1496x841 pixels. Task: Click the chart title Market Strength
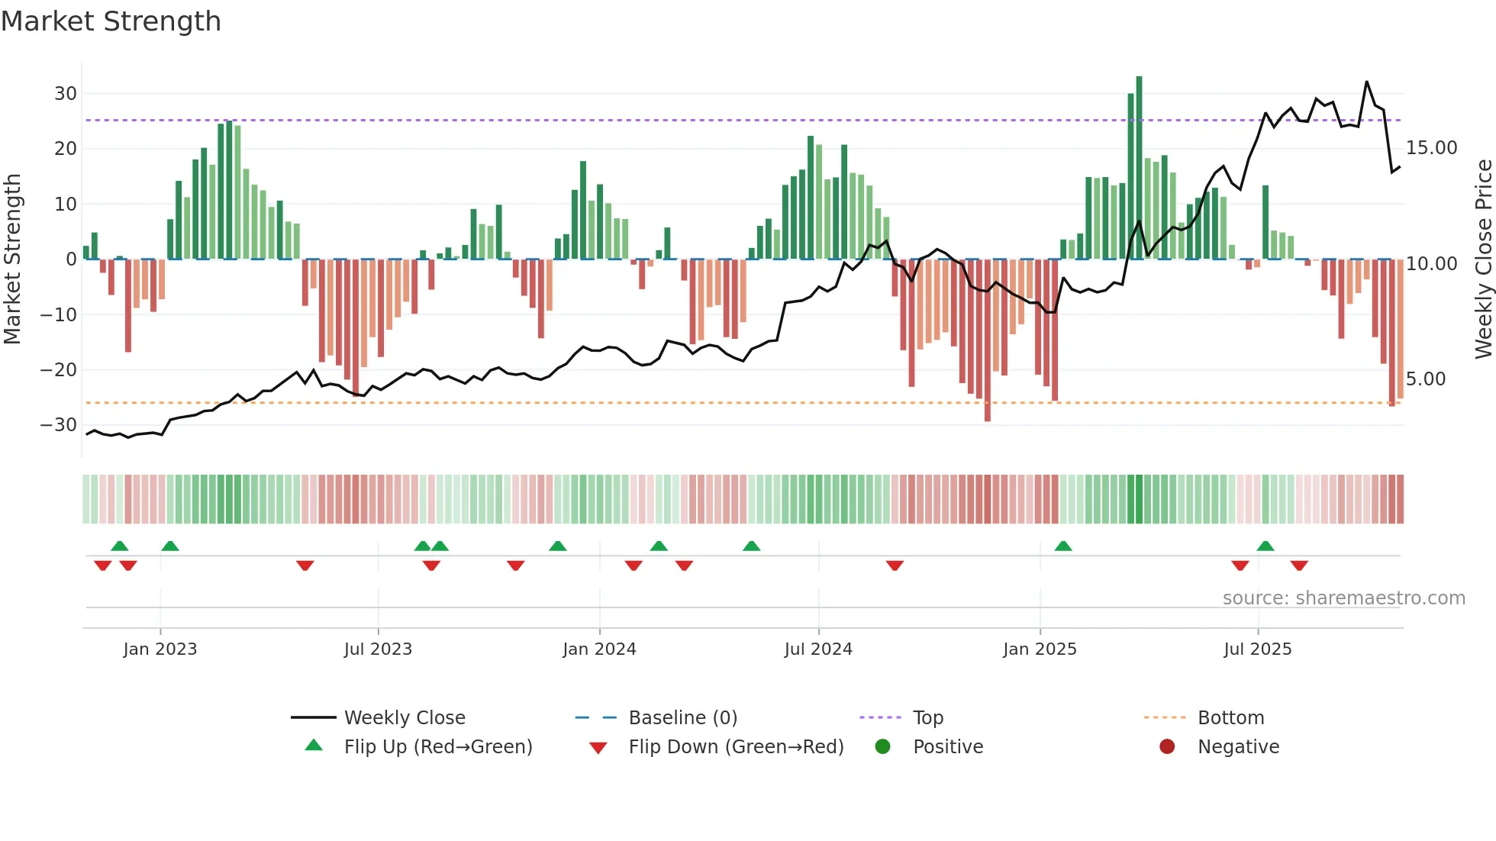pos(111,21)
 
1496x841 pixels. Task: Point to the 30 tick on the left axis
pos(66,94)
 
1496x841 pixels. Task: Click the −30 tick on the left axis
pos(59,425)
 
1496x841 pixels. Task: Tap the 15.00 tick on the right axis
pos(1431,148)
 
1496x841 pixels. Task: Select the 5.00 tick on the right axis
pos(1425,379)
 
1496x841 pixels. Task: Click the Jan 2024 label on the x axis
pos(599,649)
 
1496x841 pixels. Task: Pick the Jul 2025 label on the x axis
pos(1257,649)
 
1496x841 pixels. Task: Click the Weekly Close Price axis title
pos(1483,259)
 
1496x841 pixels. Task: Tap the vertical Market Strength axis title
pos(12,259)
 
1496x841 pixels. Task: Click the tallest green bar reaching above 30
pos(1139,168)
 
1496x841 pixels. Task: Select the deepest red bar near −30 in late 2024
pos(987,340)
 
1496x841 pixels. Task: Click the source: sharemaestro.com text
pos(1343,598)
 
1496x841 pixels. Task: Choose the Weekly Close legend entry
pos(404,718)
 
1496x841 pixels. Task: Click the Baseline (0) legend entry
pos(682,718)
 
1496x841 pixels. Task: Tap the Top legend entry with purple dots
pos(927,718)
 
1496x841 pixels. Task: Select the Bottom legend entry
pos(1230,718)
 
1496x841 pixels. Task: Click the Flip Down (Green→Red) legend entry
pos(735,747)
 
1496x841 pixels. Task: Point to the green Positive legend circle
pos(883,747)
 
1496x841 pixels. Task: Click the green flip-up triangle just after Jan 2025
pos(1063,546)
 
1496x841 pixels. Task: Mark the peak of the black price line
pos(1366,82)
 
